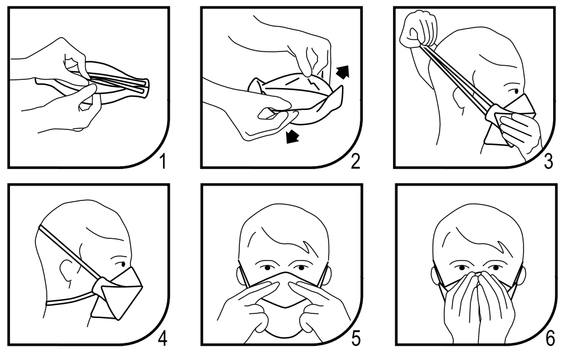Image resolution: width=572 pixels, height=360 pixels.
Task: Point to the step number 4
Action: point(162,339)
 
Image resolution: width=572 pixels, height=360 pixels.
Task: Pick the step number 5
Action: point(356,339)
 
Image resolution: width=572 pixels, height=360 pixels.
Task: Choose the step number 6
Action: point(550,339)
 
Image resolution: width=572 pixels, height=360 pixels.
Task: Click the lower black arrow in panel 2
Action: point(292,136)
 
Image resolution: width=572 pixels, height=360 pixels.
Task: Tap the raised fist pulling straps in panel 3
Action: point(418,29)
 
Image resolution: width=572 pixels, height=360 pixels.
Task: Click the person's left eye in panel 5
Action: point(300,268)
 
